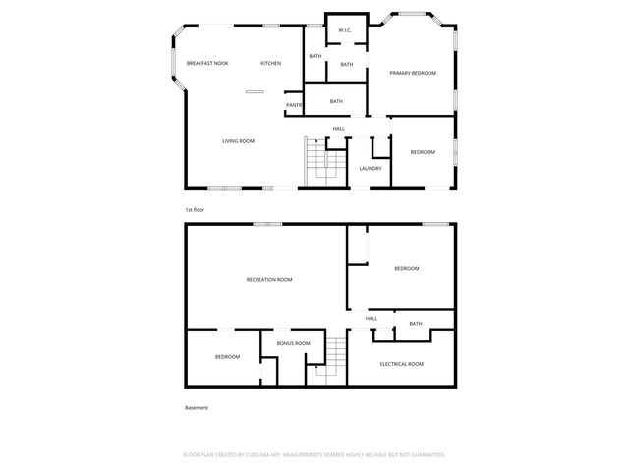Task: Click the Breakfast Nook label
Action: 207,63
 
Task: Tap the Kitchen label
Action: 270,63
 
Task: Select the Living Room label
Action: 238,141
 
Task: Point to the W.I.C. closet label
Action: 345,30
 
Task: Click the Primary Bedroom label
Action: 413,73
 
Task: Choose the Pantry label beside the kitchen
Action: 293,105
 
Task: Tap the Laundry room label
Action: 371,168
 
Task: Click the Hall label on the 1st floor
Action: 338,129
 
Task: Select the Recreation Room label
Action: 269,280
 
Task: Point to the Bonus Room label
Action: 293,343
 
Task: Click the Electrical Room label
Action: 401,364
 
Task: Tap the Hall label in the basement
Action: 372,319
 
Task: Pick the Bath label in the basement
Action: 416,324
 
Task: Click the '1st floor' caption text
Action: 195,210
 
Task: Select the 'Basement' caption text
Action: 197,408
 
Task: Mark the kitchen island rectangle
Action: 255,91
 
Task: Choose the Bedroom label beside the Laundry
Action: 423,152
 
